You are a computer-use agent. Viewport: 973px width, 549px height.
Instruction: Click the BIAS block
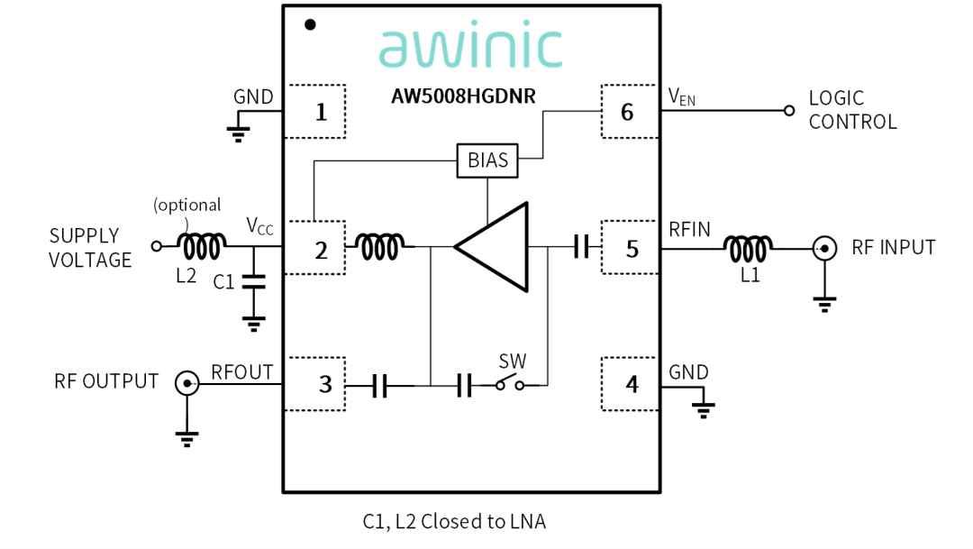(487, 160)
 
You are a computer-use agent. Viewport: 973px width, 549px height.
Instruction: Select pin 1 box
(314, 111)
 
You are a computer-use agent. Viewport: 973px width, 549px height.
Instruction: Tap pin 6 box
(630, 111)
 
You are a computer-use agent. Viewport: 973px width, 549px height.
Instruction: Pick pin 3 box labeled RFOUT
(314, 384)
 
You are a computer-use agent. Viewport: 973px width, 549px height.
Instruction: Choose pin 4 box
(630, 384)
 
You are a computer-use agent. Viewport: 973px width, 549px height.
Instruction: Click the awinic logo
(470, 47)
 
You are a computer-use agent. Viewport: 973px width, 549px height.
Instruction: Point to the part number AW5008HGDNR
(463, 96)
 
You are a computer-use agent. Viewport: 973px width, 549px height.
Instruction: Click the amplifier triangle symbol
(492, 246)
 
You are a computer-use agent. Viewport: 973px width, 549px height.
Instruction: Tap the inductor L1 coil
(748, 249)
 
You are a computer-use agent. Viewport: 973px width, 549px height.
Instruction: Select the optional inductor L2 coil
(202, 246)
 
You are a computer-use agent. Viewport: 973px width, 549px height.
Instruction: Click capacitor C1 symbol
(253, 281)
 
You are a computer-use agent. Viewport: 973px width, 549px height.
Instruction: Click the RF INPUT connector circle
(824, 249)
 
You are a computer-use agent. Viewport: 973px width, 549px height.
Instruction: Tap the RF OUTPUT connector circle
(186, 383)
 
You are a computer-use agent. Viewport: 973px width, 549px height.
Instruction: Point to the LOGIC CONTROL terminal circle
(789, 111)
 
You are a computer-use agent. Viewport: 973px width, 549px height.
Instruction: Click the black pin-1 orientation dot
(310, 24)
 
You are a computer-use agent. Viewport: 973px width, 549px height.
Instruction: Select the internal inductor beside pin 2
(380, 246)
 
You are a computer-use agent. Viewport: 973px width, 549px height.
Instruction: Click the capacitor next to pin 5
(581, 246)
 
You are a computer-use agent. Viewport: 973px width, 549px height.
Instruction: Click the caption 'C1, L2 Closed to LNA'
(454, 522)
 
